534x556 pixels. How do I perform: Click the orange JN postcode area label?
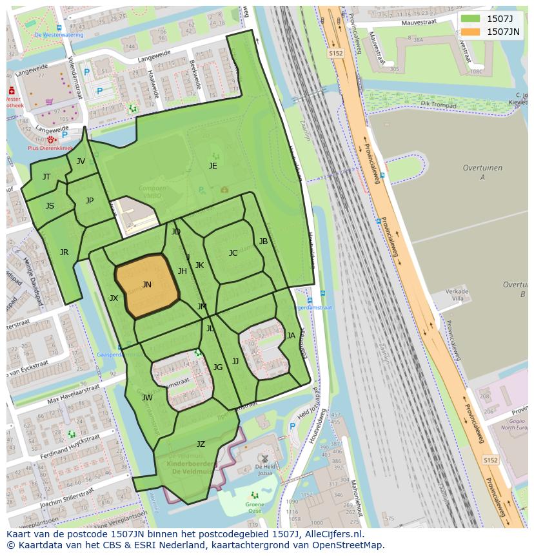click(147, 285)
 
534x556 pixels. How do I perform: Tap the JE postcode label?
click(213, 166)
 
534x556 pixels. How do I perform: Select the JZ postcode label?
click(201, 444)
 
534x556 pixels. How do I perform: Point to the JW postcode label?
click(147, 398)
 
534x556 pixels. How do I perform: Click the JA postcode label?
click(291, 336)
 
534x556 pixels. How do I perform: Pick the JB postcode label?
click(263, 242)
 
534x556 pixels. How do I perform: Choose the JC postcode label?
click(233, 253)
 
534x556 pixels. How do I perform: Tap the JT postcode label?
click(46, 177)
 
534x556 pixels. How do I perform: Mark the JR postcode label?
click(64, 252)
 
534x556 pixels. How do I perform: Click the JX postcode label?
click(114, 298)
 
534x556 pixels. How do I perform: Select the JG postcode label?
click(218, 367)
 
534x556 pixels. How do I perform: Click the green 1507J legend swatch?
click(470, 18)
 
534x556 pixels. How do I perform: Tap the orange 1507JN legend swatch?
click(470, 31)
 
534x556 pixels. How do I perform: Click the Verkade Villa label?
click(457, 295)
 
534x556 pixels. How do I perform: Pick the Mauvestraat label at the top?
click(419, 23)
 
